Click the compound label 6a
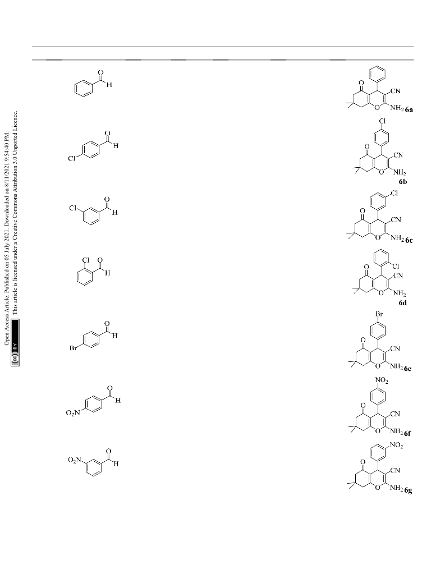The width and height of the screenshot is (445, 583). (x=409, y=109)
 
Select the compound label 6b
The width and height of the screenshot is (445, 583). (x=402, y=182)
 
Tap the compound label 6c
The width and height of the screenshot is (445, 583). (x=409, y=240)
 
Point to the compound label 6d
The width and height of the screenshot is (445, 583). (x=402, y=302)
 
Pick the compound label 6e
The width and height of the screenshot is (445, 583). (x=408, y=369)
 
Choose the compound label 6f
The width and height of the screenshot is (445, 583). (x=407, y=433)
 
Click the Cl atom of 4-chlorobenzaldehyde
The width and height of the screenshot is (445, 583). (x=72, y=159)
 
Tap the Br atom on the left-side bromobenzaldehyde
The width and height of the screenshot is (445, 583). (x=73, y=349)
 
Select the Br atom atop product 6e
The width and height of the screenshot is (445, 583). (x=379, y=314)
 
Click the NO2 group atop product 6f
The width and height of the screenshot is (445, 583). (x=382, y=380)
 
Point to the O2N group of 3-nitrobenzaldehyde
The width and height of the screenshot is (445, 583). (x=74, y=460)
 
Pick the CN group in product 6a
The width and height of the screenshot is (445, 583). (x=396, y=91)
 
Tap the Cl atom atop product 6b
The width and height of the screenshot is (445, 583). (x=382, y=121)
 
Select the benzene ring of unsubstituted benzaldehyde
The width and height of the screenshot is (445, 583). (x=83, y=89)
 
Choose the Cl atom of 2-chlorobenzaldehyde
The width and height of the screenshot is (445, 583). (x=86, y=260)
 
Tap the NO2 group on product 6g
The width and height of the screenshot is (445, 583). (x=397, y=445)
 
